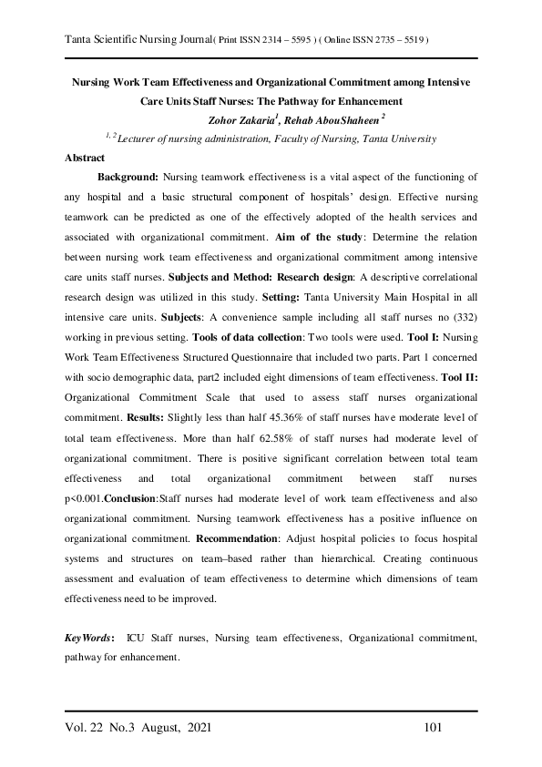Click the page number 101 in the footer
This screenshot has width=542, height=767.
coord(434,728)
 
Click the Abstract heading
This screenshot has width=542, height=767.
coord(85,157)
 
